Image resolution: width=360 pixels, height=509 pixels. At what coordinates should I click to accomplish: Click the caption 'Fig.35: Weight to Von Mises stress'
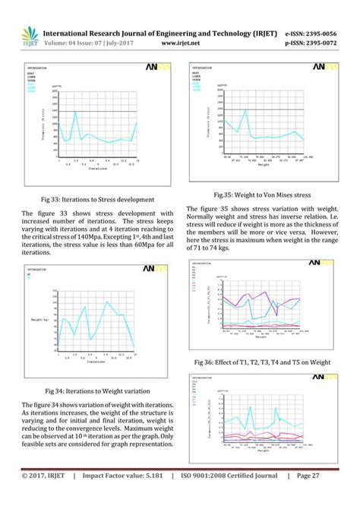[258, 194]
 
